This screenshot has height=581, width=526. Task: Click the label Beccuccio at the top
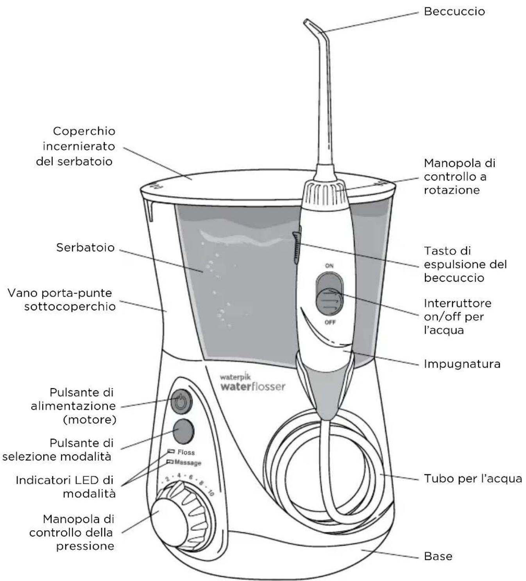(454, 11)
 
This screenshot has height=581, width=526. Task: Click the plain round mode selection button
(183, 430)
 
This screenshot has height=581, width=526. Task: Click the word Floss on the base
(186, 452)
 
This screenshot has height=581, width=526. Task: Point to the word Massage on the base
(188, 463)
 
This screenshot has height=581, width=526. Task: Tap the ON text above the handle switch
(329, 266)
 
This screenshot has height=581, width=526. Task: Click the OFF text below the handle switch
(330, 322)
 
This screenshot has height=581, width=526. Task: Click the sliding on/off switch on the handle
(329, 301)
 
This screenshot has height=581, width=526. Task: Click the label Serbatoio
(85, 247)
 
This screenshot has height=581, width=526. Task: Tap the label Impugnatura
(462, 364)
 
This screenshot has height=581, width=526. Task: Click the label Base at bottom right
(438, 556)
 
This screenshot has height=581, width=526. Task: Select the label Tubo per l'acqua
(473, 479)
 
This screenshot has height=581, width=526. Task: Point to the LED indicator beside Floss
(171, 451)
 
